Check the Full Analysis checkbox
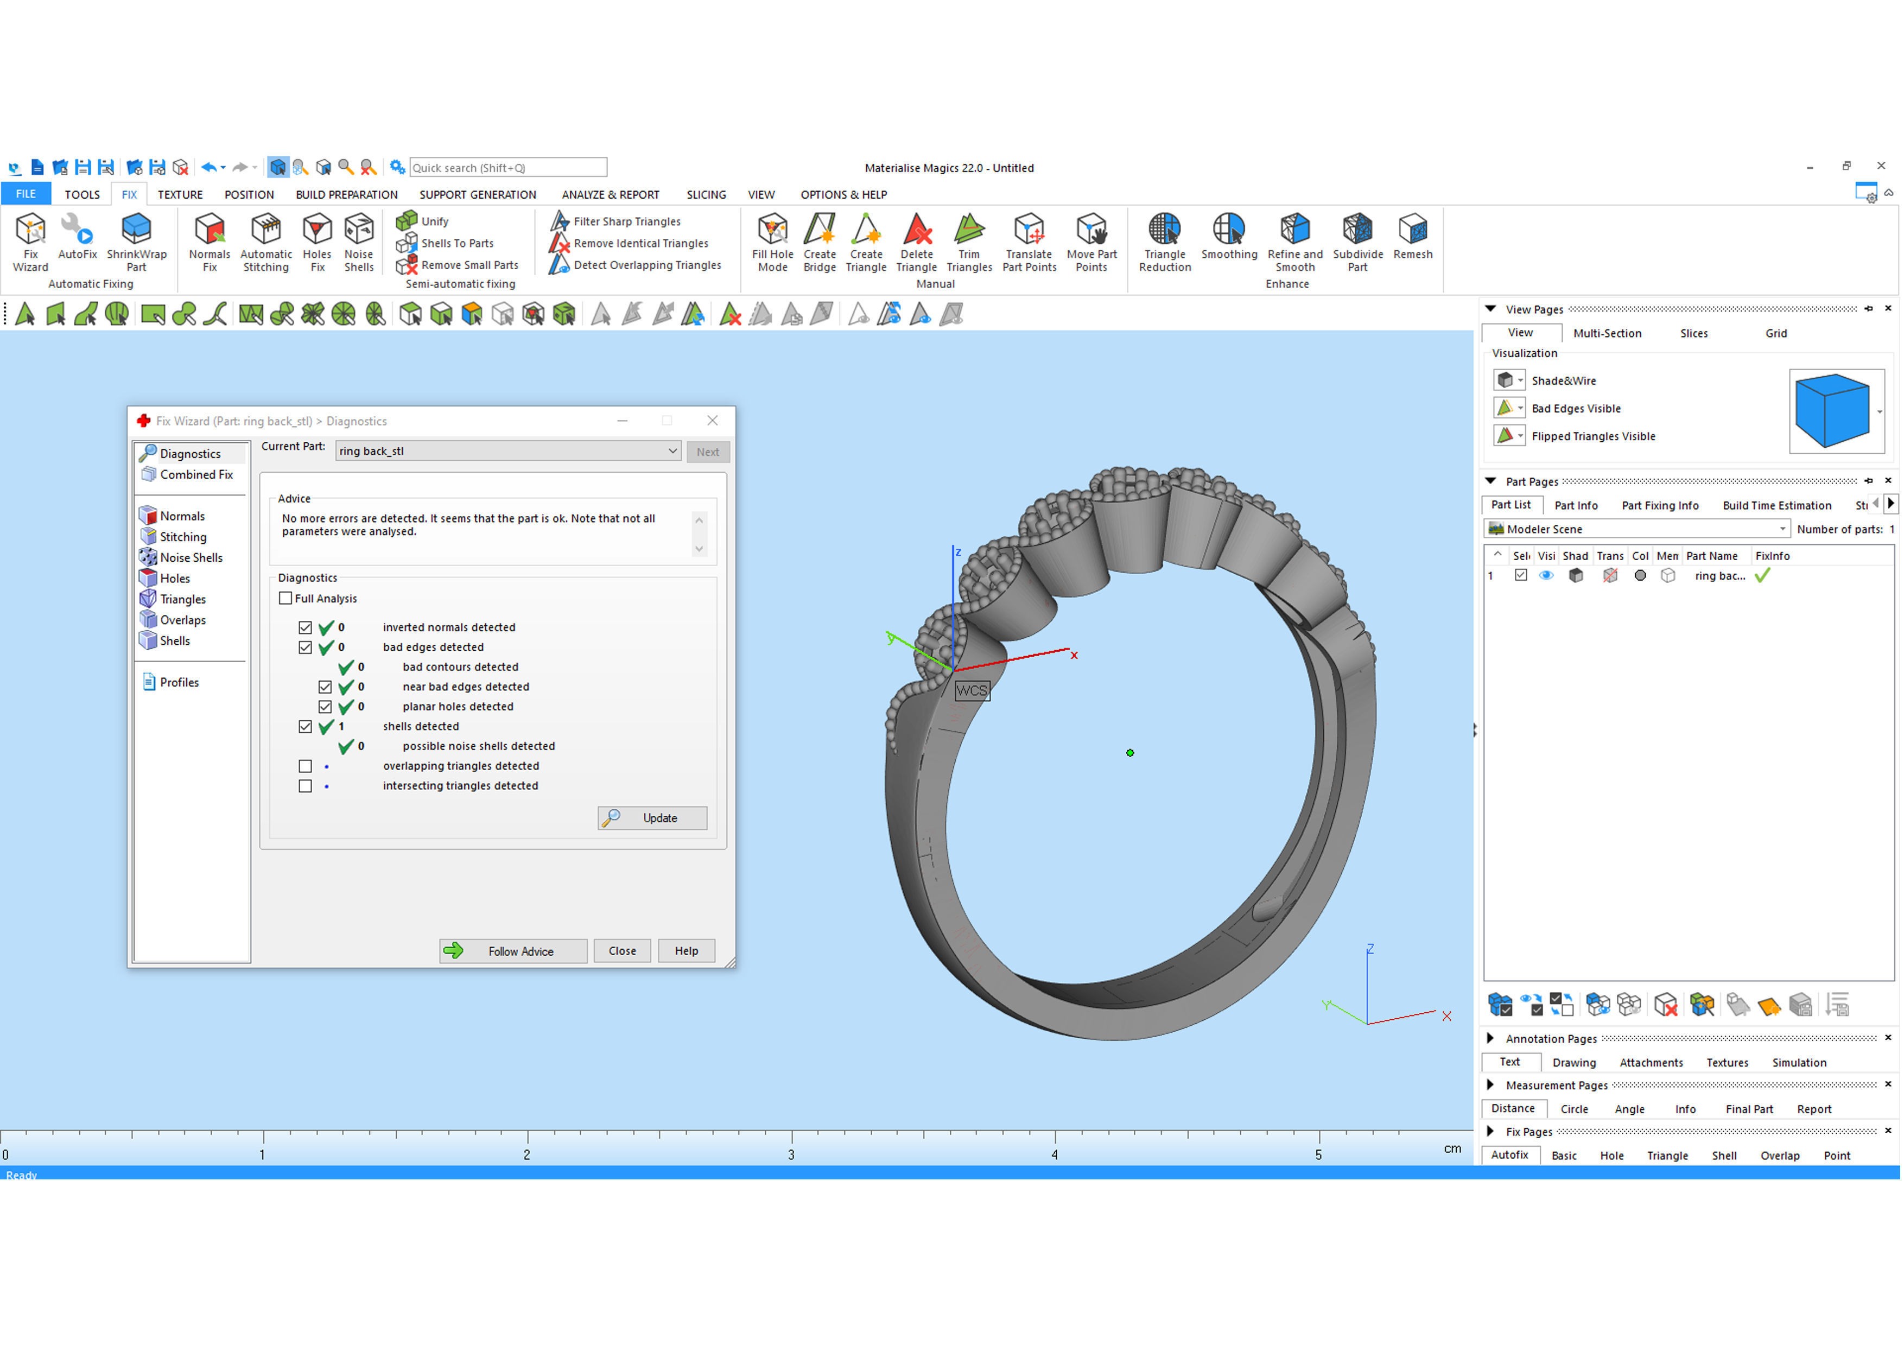coord(286,599)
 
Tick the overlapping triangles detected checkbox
coord(305,766)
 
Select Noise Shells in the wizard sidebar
coord(191,557)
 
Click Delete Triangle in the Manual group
coord(916,242)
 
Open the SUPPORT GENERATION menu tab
coord(478,195)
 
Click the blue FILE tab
coord(26,194)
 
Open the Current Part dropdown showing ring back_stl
coord(507,451)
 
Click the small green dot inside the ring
coord(1130,753)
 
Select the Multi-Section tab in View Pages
coord(1606,333)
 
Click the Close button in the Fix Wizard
coord(622,951)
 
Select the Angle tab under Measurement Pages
coord(1629,1110)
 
